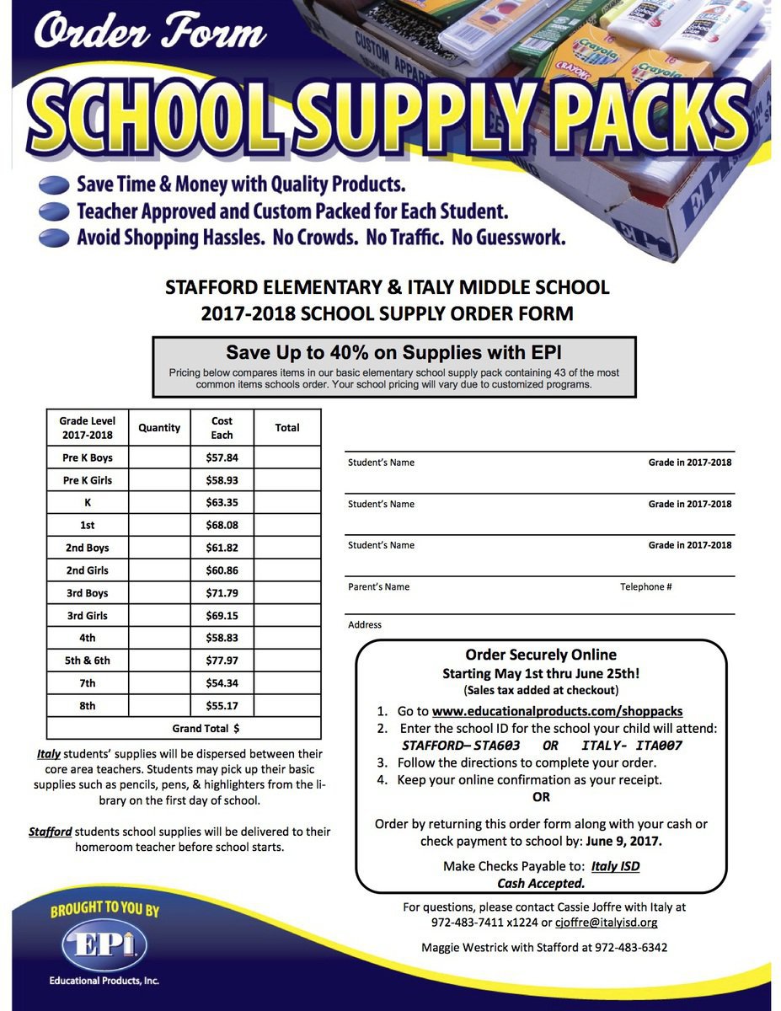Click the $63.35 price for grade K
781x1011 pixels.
click(x=222, y=503)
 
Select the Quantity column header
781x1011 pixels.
click(x=159, y=428)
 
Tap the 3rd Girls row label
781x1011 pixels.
click(x=88, y=616)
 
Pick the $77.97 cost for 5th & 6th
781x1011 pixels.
click(x=222, y=661)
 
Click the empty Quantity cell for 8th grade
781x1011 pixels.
click(x=159, y=706)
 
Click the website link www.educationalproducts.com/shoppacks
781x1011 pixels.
click(x=557, y=711)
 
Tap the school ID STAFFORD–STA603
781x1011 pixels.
click(x=461, y=746)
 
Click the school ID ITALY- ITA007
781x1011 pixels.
click(x=632, y=746)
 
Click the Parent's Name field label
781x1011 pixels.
click(x=378, y=587)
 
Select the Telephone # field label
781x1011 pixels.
click(x=645, y=587)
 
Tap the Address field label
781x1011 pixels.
click(x=365, y=625)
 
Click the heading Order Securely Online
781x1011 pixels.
click(x=541, y=655)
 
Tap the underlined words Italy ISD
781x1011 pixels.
click(x=615, y=866)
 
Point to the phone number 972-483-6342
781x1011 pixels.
click(x=631, y=948)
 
